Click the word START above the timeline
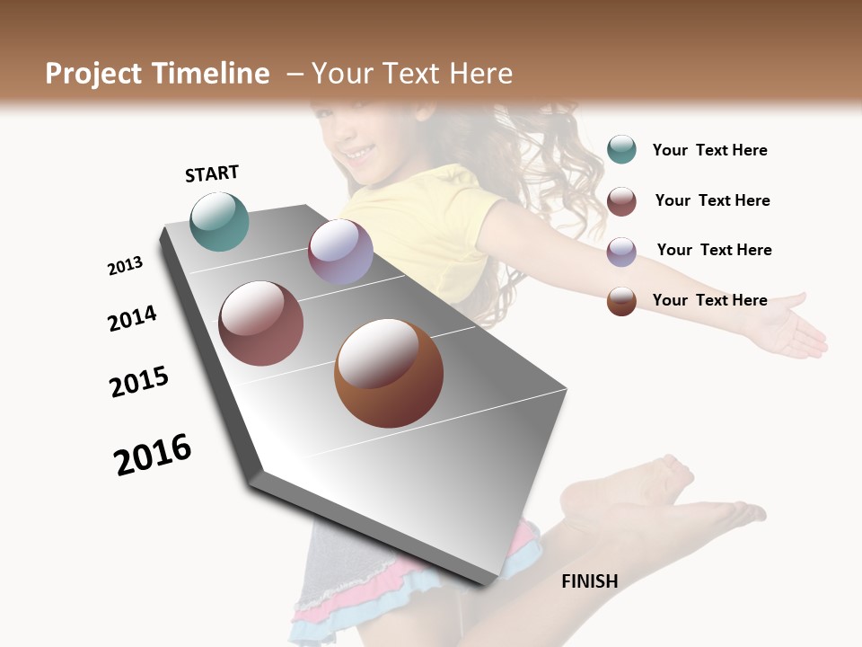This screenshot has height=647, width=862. tap(212, 173)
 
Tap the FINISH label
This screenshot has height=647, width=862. tap(589, 581)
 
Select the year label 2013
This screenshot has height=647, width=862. tap(125, 266)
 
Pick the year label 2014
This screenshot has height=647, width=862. tap(132, 318)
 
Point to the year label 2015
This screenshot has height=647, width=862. tap(139, 382)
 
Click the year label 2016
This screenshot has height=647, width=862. tap(153, 455)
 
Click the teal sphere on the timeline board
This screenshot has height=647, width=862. tap(219, 221)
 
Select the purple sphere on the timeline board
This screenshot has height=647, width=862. tap(340, 252)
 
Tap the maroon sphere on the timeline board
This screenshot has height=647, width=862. tap(260, 323)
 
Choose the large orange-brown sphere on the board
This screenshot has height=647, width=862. tap(389, 373)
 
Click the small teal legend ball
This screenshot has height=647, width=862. tap(621, 149)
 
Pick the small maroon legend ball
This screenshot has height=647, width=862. tap(621, 201)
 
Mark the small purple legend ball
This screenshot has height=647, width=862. tap(621, 252)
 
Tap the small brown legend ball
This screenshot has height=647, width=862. tap(621, 301)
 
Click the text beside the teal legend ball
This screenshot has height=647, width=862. tap(709, 150)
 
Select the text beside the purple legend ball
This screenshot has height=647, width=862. tap(714, 250)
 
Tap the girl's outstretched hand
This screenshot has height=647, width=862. tap(790, 328)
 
